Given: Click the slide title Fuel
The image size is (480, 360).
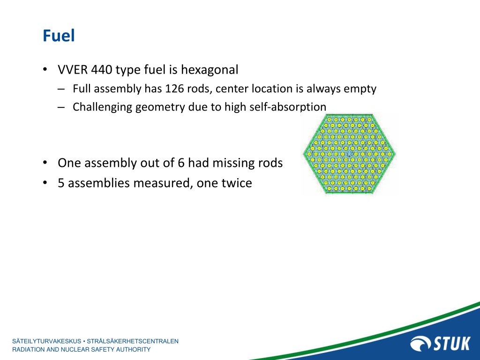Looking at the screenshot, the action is click(x=59, y=36).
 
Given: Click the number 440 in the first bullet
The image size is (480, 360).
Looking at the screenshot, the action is click(x=101, y=69).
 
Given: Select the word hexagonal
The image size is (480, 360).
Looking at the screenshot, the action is click(x=210, y=70).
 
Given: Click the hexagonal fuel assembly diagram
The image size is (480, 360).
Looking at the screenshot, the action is click(x=349, y=154).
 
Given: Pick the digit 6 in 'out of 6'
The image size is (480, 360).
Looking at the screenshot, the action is click(x=181, y=163).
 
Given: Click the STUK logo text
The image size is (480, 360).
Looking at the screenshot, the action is click(x=451, y=343).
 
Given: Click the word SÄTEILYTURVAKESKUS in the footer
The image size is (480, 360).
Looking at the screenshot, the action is click(x=47, y=341).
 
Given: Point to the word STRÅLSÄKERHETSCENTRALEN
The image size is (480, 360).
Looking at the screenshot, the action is click(x=133, y=341).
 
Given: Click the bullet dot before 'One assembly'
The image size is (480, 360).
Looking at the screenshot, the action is click(x=45, y=163).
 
